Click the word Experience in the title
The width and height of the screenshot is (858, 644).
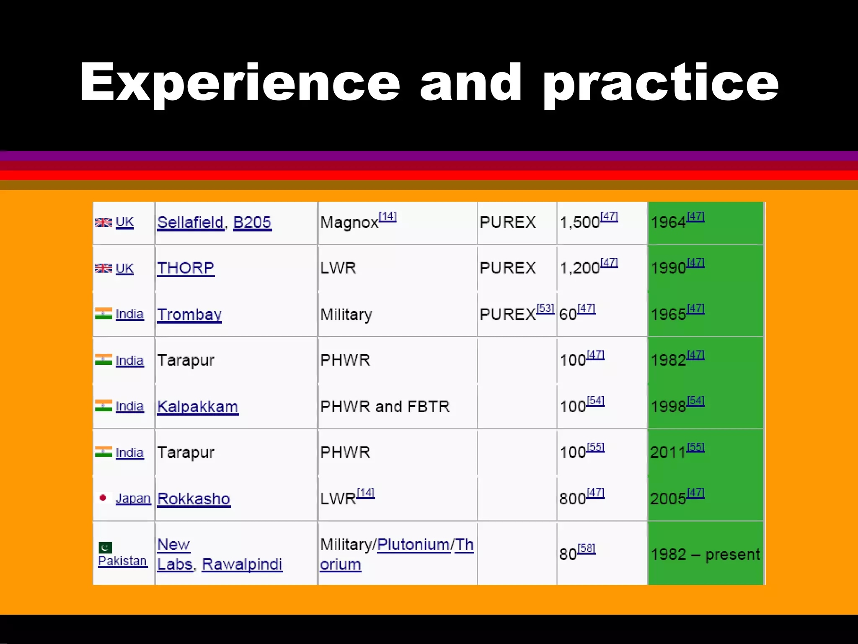[240, 83]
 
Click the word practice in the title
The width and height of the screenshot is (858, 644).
[661, 83]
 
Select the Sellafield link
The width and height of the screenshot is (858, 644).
[190, 222]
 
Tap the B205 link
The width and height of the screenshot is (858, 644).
[252, 222]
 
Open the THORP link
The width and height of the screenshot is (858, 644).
[186, 268]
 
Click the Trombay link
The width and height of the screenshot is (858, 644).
[189, 314]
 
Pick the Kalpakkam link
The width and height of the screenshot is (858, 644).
[198, 407]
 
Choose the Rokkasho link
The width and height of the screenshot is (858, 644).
[194, 499]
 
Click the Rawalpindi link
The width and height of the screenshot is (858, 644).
[242, 564]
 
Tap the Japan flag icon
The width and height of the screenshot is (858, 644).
[103, 498]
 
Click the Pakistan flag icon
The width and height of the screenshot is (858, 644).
[105, 547]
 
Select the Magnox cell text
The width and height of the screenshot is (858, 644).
[349, 223]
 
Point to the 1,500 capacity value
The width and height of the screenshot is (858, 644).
[580, 223]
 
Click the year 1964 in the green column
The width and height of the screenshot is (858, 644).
[668, 223]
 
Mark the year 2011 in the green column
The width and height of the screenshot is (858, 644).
[668, 453]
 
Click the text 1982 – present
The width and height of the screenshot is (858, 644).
[705, 555]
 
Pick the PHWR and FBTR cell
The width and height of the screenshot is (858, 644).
[385, 407]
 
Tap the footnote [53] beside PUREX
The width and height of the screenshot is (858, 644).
[545, 309]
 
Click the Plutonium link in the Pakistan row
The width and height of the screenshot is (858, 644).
[413, 545]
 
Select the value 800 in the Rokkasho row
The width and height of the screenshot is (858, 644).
[572, 499]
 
